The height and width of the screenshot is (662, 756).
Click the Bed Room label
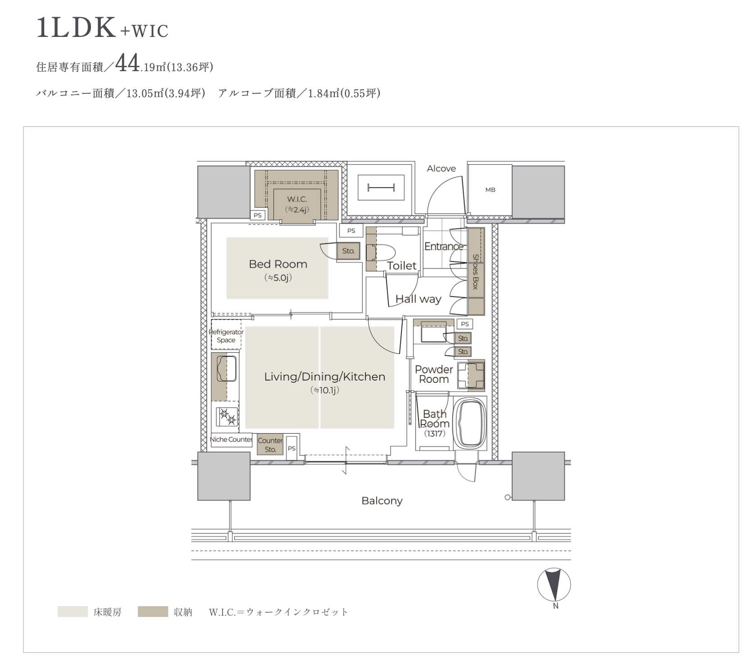[x=278, y=264]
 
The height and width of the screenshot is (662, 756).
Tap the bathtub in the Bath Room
[x=471, y=423]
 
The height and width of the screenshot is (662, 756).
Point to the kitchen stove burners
[x=227, y=417]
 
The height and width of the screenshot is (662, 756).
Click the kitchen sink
[x=227, y=368]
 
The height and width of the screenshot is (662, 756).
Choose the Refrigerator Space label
[x=226, y=336]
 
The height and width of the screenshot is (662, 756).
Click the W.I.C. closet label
[x=297, y=199]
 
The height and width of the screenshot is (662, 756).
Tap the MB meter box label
[x=490, y=190]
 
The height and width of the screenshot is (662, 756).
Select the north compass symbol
[x=554, y=585]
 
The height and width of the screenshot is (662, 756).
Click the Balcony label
[x=382, y=501]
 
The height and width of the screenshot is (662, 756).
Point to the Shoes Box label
[x=476, y=272]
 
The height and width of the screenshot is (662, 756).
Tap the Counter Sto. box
[x=270, y=445]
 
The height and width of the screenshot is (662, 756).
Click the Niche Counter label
[x=231, y=440]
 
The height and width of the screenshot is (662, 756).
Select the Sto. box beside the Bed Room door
[x=348, y=251]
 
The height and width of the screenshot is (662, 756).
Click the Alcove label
[x=441, y=168]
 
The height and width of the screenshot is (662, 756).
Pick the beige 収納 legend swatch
[x=153, y=612]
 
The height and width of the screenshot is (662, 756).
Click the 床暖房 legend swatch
[x=73, y=612]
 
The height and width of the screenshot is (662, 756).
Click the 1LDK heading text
[x=77, y=28]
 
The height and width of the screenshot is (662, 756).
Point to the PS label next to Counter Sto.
[x=291, y=449]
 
